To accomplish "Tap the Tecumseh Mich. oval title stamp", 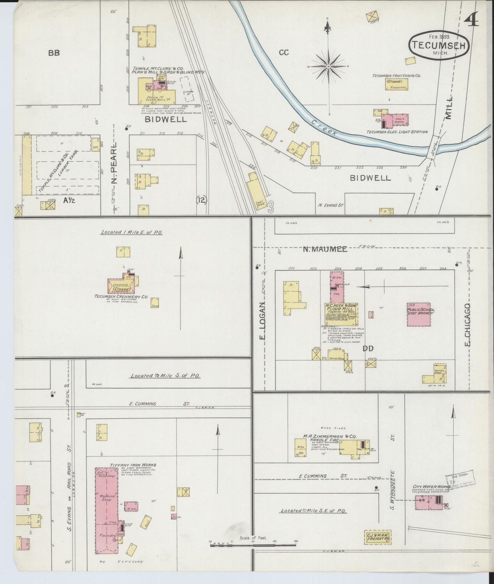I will pyautogui.click(x=439, y=45).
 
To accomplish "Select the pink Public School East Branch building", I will pyautogui.click(x=421, y=314).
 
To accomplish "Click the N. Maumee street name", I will pyautogui.click(x=325, y=249).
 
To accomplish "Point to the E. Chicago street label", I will pyautogui.click(x=467, y=324).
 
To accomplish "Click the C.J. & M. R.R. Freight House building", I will pyautogui.click(x=377, y=537).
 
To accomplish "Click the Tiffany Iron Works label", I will pyautogui.click(x=133, y=465).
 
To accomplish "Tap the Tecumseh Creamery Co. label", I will pyautogui.click(x=121, y=296).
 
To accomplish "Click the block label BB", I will pyautogui.click(x=54, y=53).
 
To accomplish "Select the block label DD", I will pyautogui.click(x=368, y=348).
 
